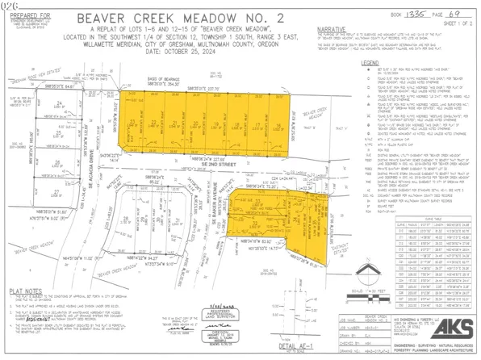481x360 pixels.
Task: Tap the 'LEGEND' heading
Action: click(370, 62)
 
